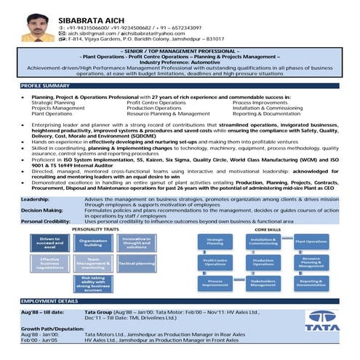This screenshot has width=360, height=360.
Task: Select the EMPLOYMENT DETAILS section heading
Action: click(49, 300)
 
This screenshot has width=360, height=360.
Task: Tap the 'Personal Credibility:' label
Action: click(28, 220)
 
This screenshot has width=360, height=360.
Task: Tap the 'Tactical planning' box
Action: click(135, 263)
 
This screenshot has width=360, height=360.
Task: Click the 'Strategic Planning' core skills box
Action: click(215, 241)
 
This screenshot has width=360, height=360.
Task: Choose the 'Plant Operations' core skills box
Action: click(311, 241)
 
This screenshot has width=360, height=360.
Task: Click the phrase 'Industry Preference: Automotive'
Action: click(180, 63)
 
